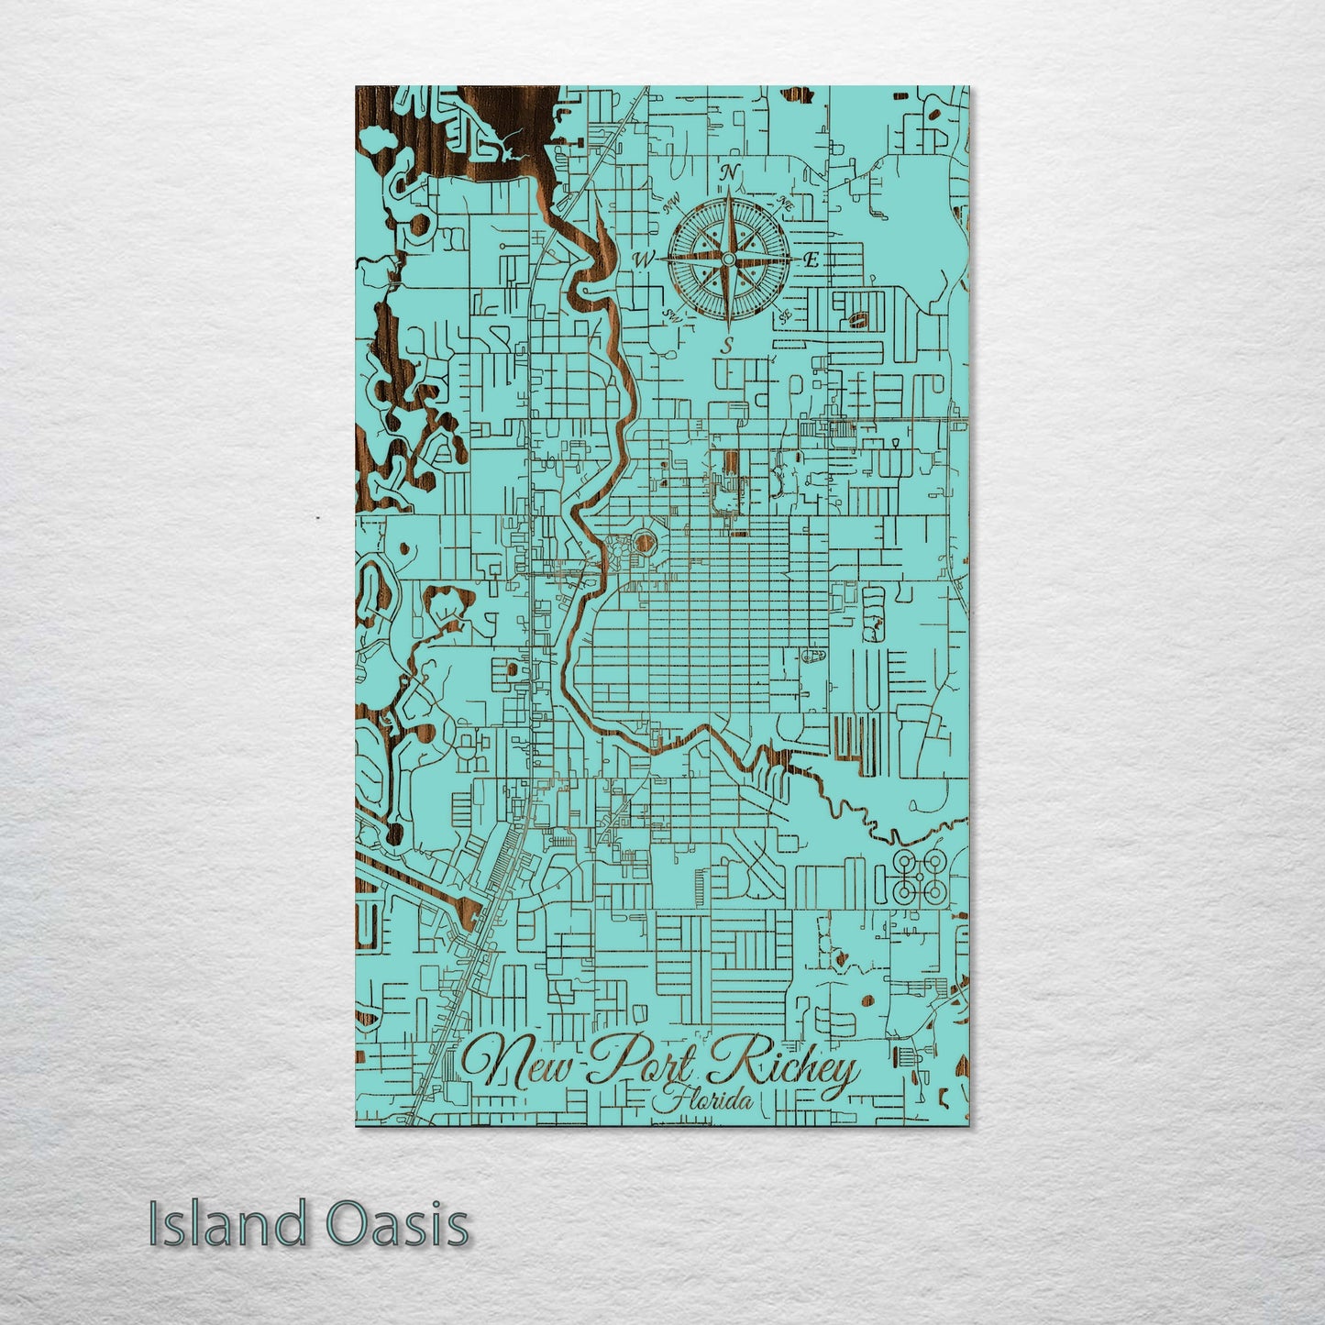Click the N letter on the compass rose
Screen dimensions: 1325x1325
tap(731, 172)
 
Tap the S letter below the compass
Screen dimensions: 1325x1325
tap(726, 345)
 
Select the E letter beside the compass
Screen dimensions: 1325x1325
tap(811, 260)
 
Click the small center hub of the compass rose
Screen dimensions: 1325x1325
tap(728, 259)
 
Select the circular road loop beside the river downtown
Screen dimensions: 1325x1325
tap(644, 544)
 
